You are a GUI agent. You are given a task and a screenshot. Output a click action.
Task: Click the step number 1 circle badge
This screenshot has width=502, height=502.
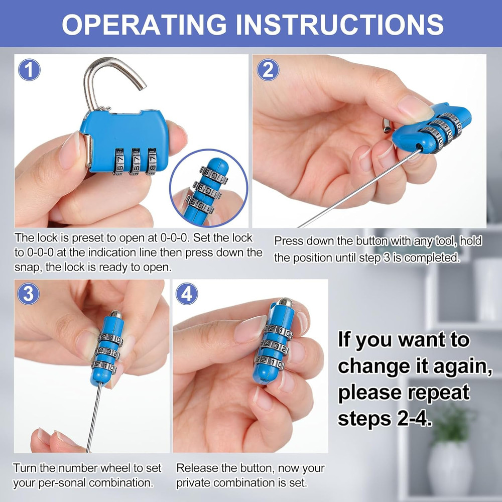pyautogui.click(x=29, y=70)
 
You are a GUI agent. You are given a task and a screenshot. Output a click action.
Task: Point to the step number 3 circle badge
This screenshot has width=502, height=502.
pyautogui.click(x=28, y=294)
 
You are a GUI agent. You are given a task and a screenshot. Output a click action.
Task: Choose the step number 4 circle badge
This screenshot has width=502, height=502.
pyautogui.click(x=187, y=294)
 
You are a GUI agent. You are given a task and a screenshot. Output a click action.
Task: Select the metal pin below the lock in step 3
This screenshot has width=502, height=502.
pyautogui.click(x=94, y=412)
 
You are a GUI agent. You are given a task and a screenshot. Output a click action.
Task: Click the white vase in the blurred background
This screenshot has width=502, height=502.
pyautogui.click(x=450, y=467)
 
